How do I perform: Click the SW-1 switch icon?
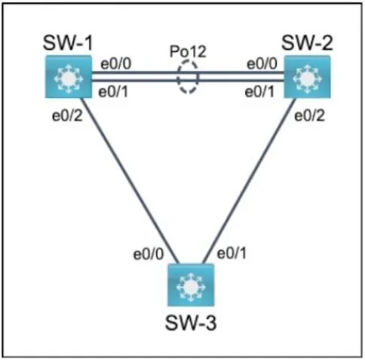click(69, 77)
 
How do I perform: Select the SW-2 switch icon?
click(307, 77)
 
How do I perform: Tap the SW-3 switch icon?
click(191, 285)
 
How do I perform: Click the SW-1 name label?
click(68, 43)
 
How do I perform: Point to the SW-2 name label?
click(307, 43)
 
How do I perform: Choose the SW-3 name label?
click(191, 322)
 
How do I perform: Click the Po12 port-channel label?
click(188, 51)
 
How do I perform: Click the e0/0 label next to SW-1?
click(116, 64)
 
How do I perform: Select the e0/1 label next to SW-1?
click(113, 92)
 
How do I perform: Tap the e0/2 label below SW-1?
click(67, 115)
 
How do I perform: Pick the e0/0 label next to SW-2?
click(262, 64)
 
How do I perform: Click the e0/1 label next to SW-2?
click(259, 92)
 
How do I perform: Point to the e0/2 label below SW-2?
click(309, 115)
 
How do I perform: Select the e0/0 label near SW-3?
click(149, 254)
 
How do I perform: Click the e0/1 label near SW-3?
click(232, 253)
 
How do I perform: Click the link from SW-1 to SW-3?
click(130, 181)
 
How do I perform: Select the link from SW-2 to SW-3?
click(250, 181)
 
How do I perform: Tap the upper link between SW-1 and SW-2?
click(188, 72)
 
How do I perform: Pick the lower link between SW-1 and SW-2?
click(188, 81)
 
